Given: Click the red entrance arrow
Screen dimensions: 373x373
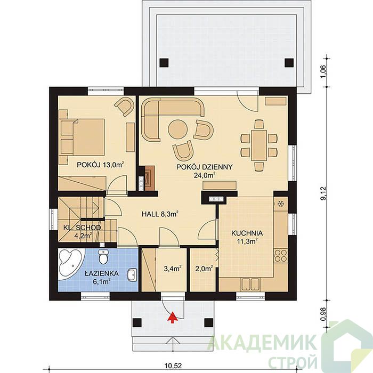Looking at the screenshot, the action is pos(173,318).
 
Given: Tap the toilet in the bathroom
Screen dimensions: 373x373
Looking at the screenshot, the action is pos(103,256).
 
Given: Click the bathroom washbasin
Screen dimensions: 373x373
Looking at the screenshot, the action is pos(133,275).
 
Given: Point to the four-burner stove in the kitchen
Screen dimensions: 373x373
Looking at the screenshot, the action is pos(281,256).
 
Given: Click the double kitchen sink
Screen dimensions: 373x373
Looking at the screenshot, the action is pos(250,284).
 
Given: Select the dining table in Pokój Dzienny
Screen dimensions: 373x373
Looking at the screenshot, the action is pos(259,145).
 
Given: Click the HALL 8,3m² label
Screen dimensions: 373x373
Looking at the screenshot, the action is pos(160,214).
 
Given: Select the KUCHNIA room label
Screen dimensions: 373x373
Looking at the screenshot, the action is pos(247,233).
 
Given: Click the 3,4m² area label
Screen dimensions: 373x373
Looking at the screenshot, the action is pos(173,269).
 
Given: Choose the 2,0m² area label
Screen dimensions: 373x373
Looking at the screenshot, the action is pos(204,269).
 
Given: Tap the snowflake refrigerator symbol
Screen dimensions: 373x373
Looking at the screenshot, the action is pos(281,204).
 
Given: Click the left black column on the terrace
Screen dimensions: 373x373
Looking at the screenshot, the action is pos(164,63).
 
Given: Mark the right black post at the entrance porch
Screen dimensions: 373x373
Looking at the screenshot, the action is pos(209,322).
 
